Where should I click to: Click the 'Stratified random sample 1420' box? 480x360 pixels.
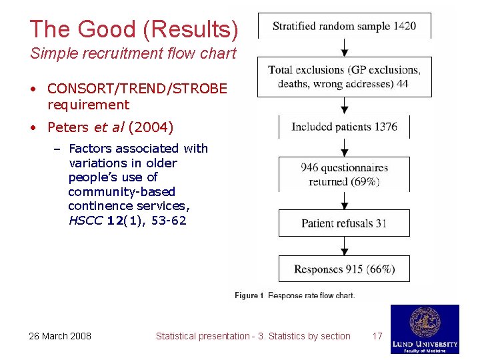coord(344,27)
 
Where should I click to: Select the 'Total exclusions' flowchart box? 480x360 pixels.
coord(344,77)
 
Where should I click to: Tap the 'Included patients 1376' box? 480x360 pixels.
coord(344,127)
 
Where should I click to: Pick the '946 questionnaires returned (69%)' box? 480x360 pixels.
coord(344,175)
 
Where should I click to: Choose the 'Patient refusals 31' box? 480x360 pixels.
coord(344,223)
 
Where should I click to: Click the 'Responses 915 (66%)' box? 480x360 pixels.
coord(344,269)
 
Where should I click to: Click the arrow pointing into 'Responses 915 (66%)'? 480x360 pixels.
coord(345,246)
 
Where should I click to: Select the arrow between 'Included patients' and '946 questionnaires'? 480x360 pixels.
coord(345,148)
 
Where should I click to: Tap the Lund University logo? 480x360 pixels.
coord(425,329)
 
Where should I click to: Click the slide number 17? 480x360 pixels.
coord(377,336)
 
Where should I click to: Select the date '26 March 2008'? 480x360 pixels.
coord(60,336)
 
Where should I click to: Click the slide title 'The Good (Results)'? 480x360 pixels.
coord(133,29)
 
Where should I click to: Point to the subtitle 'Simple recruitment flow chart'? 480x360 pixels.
coord(133,54)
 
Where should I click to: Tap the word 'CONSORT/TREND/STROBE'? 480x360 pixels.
coord(137,89)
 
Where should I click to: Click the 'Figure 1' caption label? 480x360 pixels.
coord(249,295)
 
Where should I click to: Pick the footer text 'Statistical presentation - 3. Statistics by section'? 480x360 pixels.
coord(253,336)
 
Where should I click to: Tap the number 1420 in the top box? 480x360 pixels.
coord(404,27)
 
